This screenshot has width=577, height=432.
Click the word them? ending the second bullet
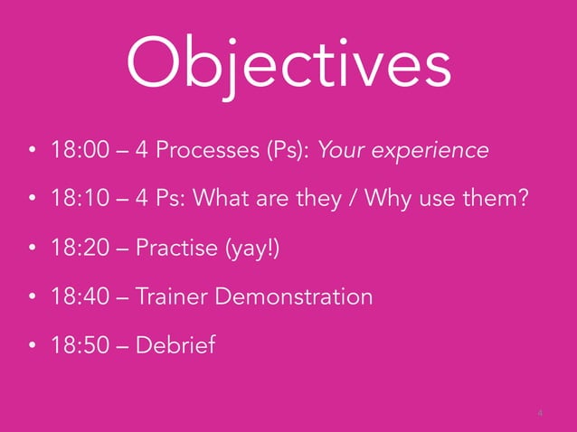(x=495, y=199)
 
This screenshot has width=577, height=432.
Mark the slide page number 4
(x=540, y=413)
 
